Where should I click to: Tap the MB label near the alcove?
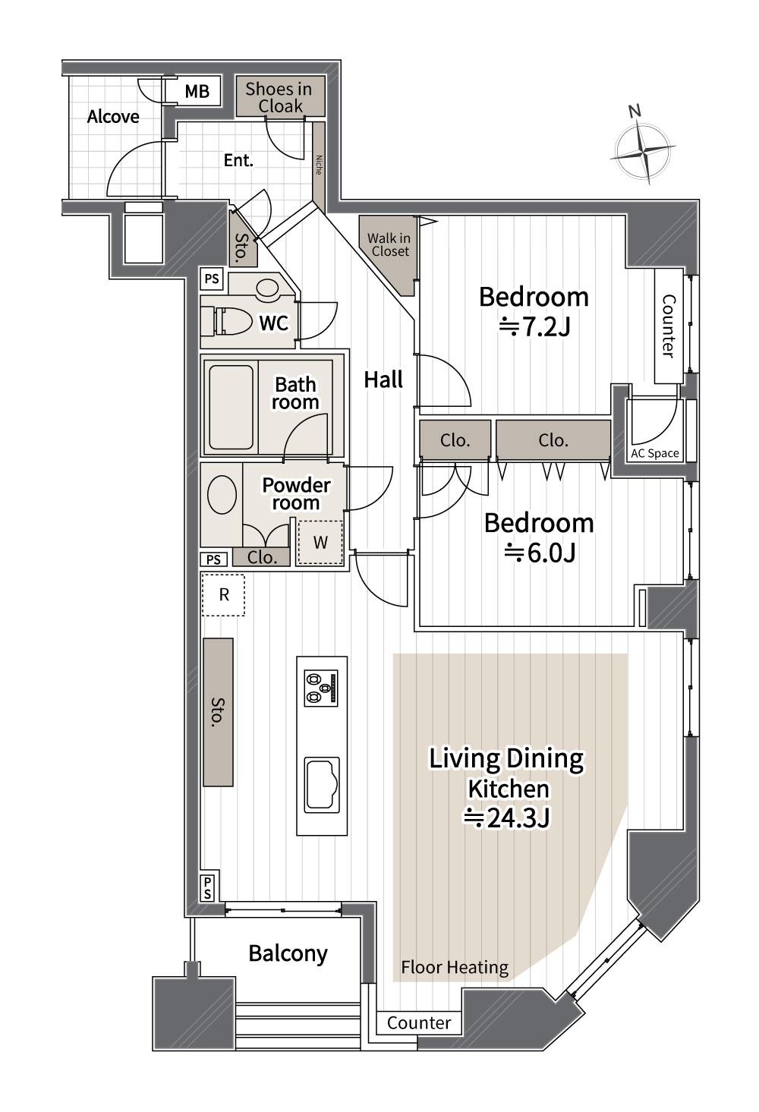pos(197,91)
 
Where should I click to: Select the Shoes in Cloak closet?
pos(280,96)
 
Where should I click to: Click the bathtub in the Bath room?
pos(231,407)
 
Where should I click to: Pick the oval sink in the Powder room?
pos(222,494)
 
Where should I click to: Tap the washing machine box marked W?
pos(320,542)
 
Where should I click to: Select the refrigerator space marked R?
pos(223,595)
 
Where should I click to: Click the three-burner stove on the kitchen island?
pos(321,688)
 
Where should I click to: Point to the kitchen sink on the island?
pos(322,785)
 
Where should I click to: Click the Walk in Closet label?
pos(389,244)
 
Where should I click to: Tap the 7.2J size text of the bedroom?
pos(534,327)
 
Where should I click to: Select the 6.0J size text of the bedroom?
pos(540,553)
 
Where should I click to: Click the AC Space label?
pos(655,453)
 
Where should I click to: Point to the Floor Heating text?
pos(455,967)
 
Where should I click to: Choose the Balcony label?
pos(288,953)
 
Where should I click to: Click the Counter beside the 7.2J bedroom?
pos(669,326)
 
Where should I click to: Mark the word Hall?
pos(383,380)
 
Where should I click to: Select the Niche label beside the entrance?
pos(319,165)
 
